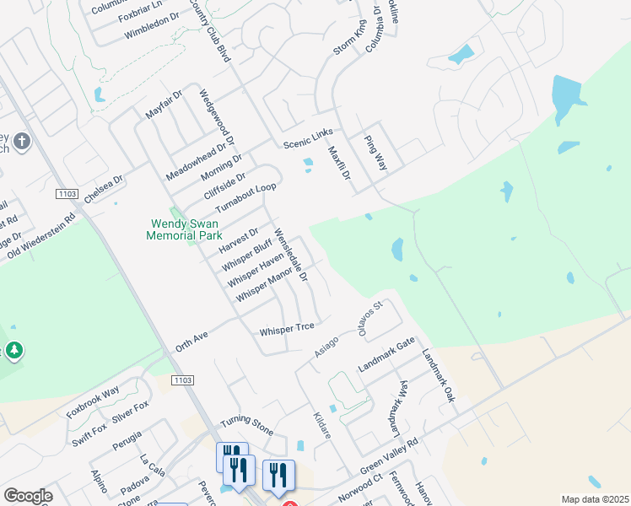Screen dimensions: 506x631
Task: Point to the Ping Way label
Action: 375,153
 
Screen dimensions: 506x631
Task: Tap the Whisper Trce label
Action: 287,327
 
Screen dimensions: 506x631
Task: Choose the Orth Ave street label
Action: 191,340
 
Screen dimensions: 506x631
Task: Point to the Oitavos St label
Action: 371,316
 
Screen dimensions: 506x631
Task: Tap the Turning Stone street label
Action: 246,425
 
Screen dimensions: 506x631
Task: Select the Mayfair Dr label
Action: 164,106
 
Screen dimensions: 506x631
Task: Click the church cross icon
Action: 22,142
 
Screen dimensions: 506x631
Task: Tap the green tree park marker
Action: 13,349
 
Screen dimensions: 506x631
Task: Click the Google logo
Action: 28,496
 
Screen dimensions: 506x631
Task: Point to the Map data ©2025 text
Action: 595,499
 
